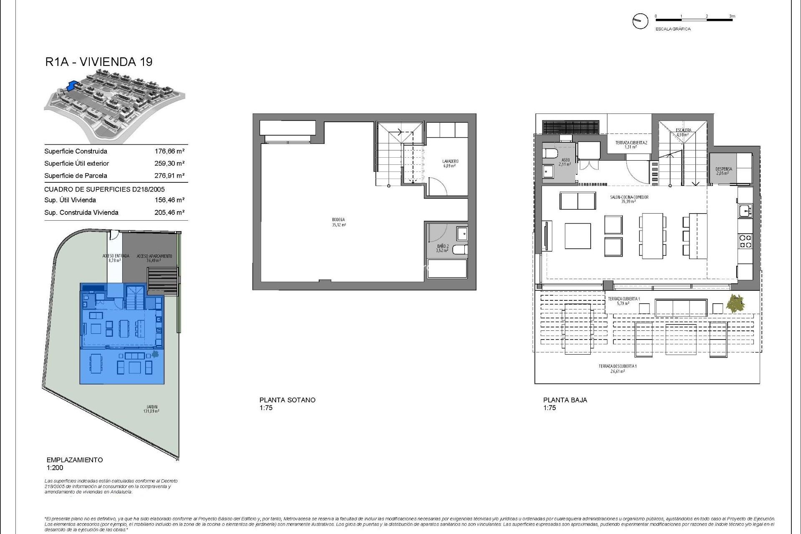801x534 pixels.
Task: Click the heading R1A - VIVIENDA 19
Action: click(x=99, y=62)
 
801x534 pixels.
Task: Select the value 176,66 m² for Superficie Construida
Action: click(x=169, y=151)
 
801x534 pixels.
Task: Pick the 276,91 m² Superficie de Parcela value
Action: click(x=169, y=176)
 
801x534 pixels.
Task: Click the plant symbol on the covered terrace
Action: click(x=735, y=303)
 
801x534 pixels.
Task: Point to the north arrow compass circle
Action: click(x=640, y=21)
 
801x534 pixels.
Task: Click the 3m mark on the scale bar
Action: click(x=732, y=17)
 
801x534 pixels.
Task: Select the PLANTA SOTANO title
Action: click(x=287, y=400)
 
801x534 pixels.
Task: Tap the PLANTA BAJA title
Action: click(x=565, y=400)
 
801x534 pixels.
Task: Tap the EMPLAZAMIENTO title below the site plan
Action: click(x=74, y=460)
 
